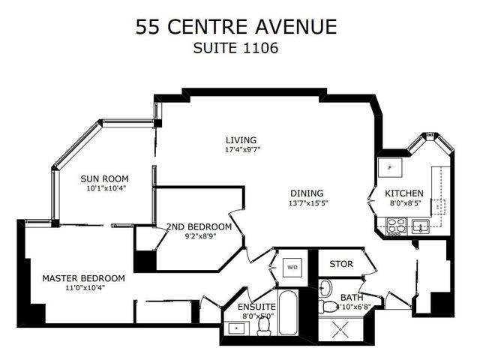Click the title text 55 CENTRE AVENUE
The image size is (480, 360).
(236, 27)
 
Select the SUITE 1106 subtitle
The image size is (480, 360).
(236, 49)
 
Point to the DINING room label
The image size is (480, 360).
(308, 192)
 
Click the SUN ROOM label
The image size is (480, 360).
(105, 178)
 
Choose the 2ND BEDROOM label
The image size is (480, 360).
(199, 226)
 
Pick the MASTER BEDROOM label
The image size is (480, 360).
(83, 278)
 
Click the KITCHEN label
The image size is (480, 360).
(404, 193)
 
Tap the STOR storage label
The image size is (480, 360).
(340, 264)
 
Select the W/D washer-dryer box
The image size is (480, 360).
(292, 265)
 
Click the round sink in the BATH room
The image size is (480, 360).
(325, 288)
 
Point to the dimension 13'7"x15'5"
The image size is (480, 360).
(308, 202)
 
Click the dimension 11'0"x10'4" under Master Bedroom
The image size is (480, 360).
(83, 289)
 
